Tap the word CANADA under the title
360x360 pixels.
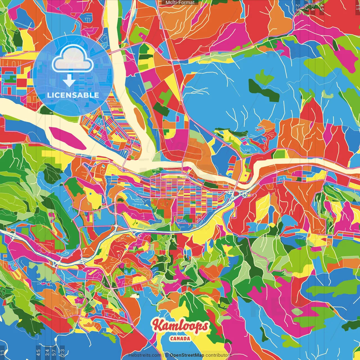point(180,339)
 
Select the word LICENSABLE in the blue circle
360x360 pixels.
point(73,95)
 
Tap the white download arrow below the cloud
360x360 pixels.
point(69,80)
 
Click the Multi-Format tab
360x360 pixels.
point(180,3)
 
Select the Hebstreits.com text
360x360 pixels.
point(145,355)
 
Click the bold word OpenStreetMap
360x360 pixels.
point(187,355)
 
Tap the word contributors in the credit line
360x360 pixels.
point(218,355)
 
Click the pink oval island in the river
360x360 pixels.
point(67,138)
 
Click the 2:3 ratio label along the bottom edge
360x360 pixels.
point(62,352)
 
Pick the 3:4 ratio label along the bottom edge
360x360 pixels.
point(47,352)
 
